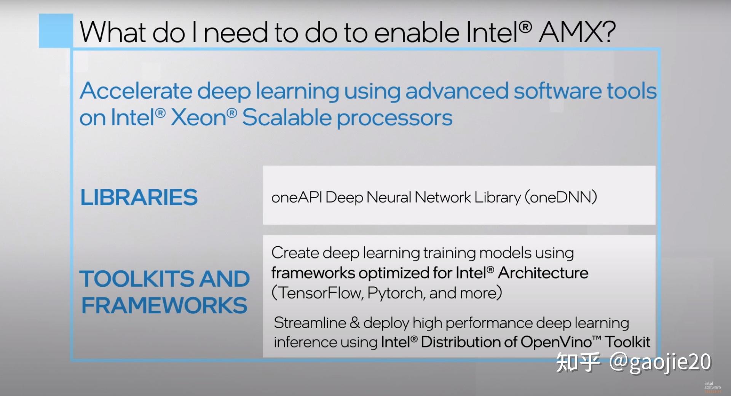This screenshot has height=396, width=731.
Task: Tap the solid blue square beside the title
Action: click(x=56, y=31)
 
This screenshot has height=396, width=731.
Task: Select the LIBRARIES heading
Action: click(x=139, y=197)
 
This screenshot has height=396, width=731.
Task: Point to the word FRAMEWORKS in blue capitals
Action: click(x=164, y=305)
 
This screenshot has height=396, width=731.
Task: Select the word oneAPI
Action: click(x=297, y=197)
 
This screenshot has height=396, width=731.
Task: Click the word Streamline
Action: click(x=310, y=323)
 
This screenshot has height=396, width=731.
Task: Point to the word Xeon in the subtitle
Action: click(x=199, y=117)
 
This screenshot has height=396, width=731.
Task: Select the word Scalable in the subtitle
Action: click(x=287, y=117)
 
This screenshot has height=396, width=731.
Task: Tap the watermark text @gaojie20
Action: click(x=660, y=362)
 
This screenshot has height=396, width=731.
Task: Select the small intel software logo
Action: click(x=712, y=386)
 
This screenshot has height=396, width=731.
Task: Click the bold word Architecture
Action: click(x=543, y=273)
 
